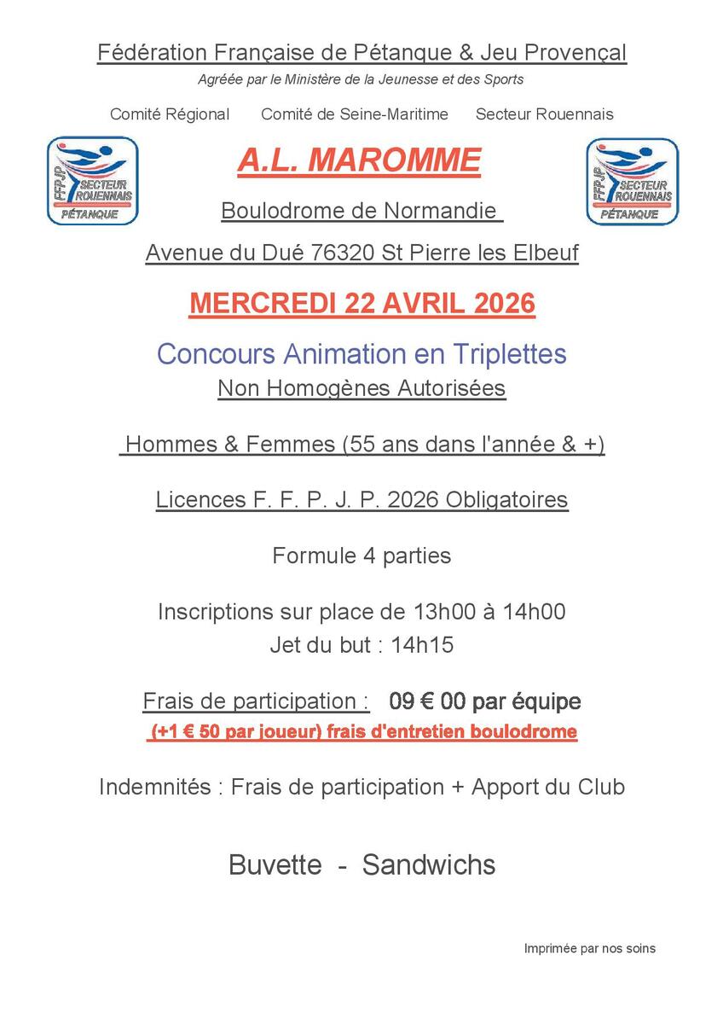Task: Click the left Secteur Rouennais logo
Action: [92, 181]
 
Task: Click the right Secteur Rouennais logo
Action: [633, 181]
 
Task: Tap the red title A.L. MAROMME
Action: [359, 160]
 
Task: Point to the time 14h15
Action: [422, 645]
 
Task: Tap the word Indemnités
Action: [154, 786]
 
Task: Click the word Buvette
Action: [275, 864]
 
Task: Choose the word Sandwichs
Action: [429, 864]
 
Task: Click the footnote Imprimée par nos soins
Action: [589, 948]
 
